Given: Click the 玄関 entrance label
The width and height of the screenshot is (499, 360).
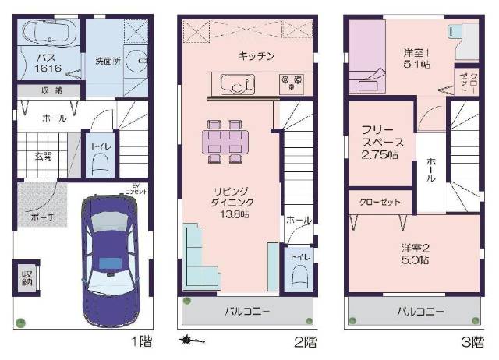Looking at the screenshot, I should pyautogui.click(x=44, y=155).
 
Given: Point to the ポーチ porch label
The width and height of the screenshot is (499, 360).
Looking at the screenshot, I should pyautogui.click(x=42, y=217).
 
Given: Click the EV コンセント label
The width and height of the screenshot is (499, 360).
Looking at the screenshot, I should pyautogui.click(x=139, y=188).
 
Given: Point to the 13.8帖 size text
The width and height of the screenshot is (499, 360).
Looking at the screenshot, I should pyautogui.click(x=233, y=214).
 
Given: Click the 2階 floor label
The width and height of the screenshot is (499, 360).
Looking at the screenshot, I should pyautogui.click(x=306, y=341).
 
